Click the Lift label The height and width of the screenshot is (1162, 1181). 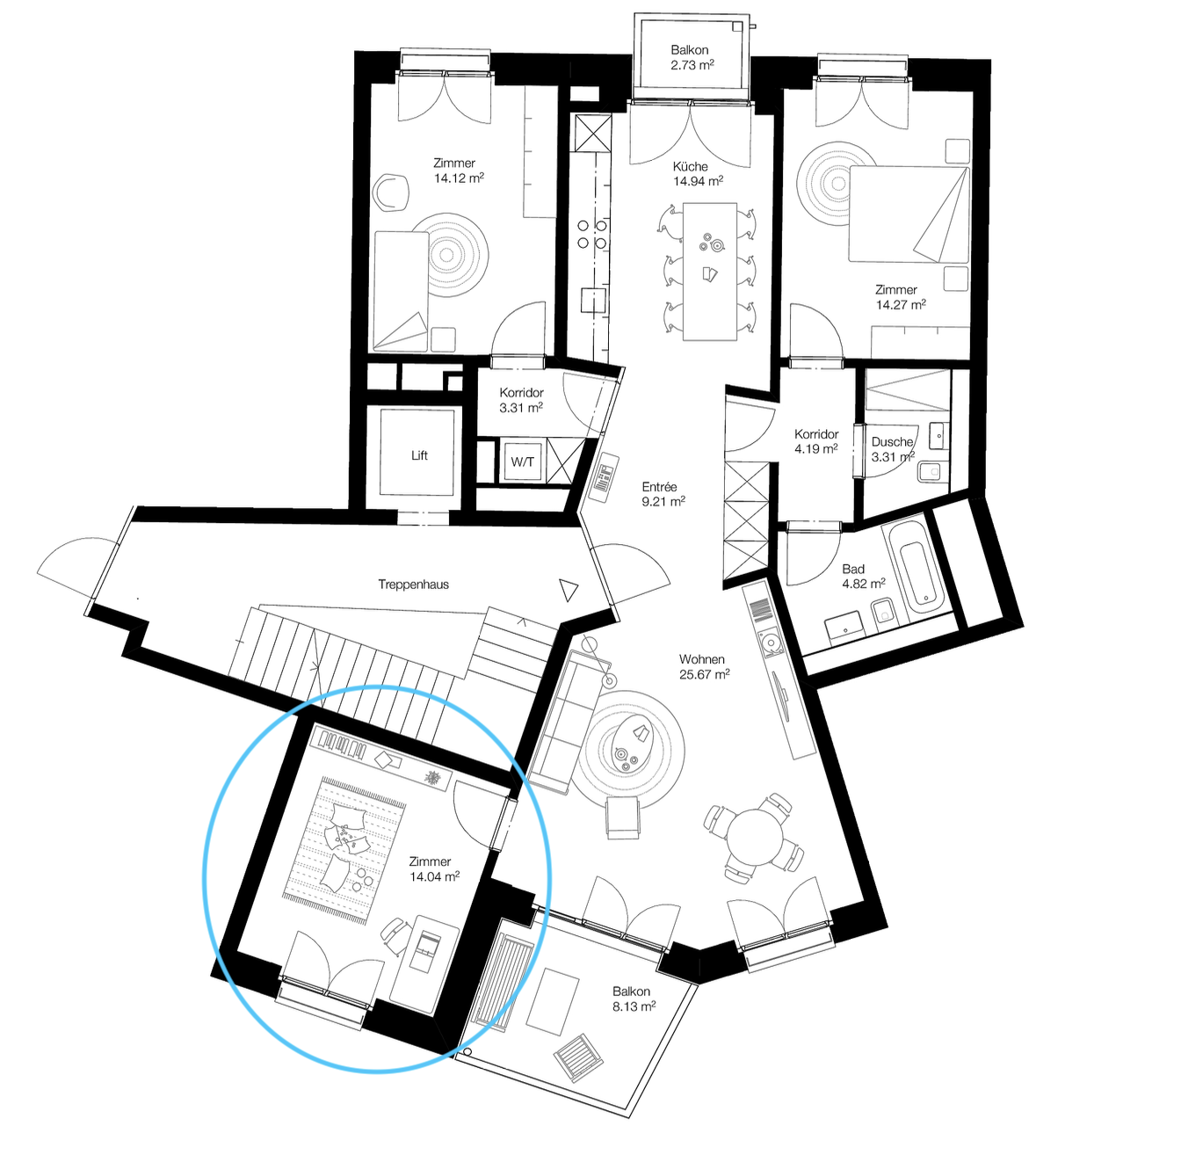coord(419,455)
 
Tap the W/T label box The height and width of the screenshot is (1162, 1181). coord(522,461)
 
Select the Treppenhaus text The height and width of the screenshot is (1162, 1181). coord(414,585)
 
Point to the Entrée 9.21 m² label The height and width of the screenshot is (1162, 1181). coord(663,494)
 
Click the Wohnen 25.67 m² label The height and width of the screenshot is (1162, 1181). coord(704,666)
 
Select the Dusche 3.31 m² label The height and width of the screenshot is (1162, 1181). coord(893,449)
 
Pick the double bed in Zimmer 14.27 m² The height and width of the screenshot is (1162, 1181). coord(909,214)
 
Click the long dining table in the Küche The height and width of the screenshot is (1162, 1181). coord(710,271)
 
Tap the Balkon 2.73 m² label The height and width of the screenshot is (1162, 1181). coord(692,58)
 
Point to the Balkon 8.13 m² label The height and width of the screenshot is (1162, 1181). coord(634,999)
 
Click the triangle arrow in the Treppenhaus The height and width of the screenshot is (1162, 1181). coord(569,590)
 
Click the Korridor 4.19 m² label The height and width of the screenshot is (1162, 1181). coord(816,441)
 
